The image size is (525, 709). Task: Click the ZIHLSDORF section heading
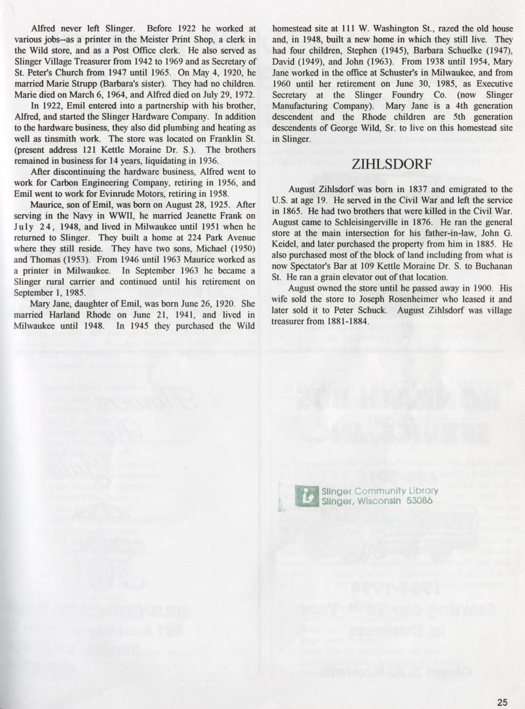coord(393,165)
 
